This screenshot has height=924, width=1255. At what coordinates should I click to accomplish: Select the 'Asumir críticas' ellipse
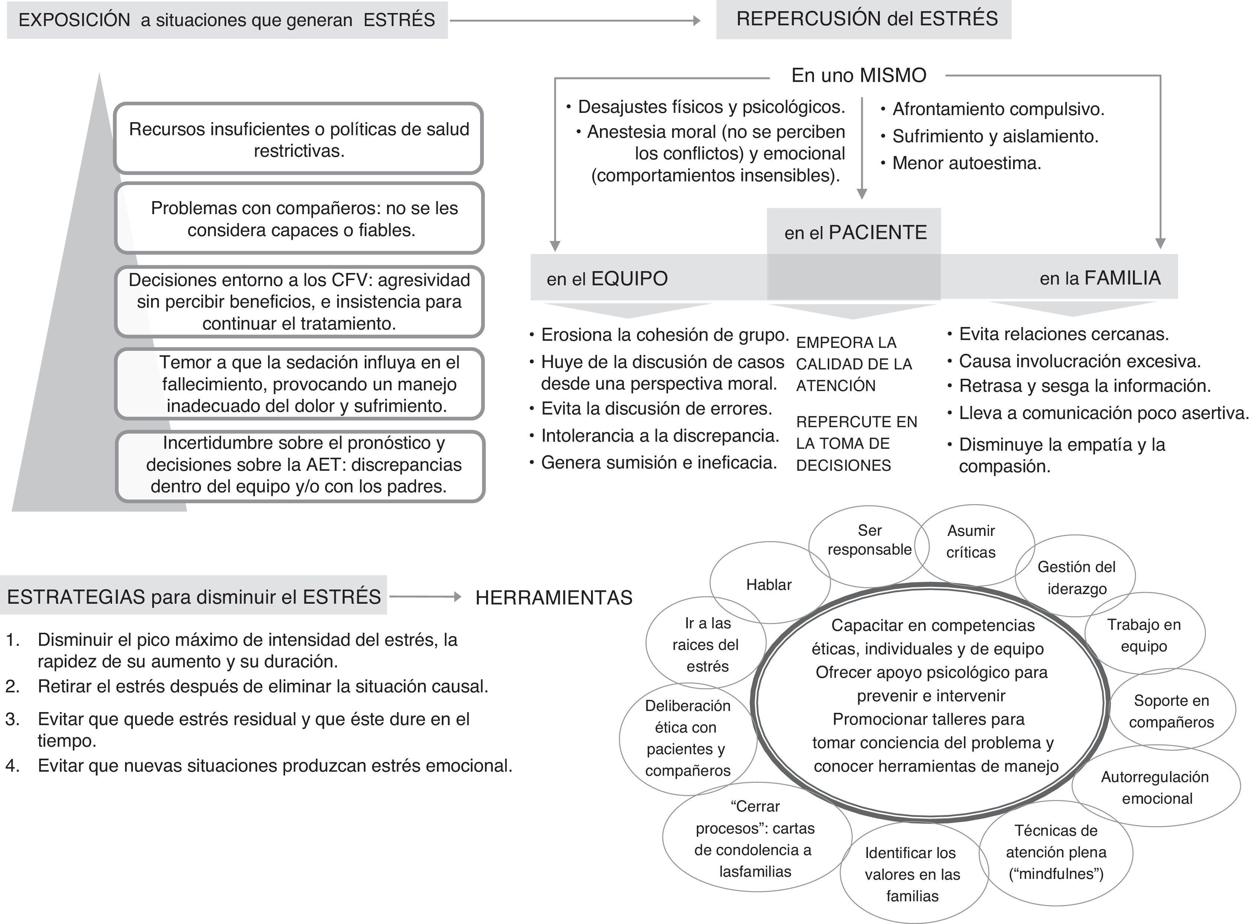click(x=971, y=542)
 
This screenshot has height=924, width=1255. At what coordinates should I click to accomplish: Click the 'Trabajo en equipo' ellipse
click(x=1144, y=635)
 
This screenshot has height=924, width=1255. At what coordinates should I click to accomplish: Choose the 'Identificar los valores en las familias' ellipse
click(x=912, y=874)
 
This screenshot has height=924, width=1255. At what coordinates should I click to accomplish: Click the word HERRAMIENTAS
click(x=553, y=598)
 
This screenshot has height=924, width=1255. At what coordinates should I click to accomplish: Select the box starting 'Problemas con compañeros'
click(x=300, y=219)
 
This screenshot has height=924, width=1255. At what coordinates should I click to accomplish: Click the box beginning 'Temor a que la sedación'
click(x=300, y=384)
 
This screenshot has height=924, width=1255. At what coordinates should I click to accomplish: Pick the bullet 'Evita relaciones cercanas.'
click(x=1063, y=334)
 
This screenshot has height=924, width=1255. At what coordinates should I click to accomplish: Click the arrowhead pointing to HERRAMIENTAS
click(x=458, y=597)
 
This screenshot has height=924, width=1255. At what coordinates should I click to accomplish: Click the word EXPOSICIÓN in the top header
click(x=74, y=20)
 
